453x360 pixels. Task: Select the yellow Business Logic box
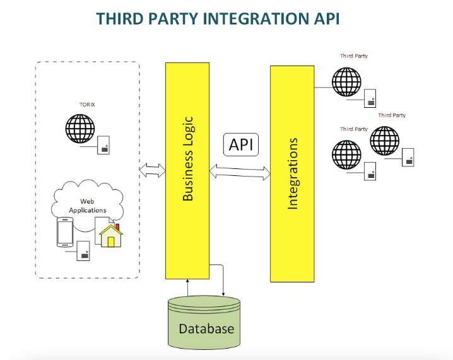click(187, 170)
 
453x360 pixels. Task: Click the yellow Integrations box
click(292, 173)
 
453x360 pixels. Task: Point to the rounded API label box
click(241, 144)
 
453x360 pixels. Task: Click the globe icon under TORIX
click(79, 129)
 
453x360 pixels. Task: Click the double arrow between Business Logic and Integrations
click(240, 171)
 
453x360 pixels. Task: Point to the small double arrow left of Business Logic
click(151, 170)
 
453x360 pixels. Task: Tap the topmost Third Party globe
click(346, 80)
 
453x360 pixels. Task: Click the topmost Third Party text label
click(354, 56)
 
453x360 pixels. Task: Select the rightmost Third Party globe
click(384, 141)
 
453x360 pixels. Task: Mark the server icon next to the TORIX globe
click(102, 145)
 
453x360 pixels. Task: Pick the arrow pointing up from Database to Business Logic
click(188, 287)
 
